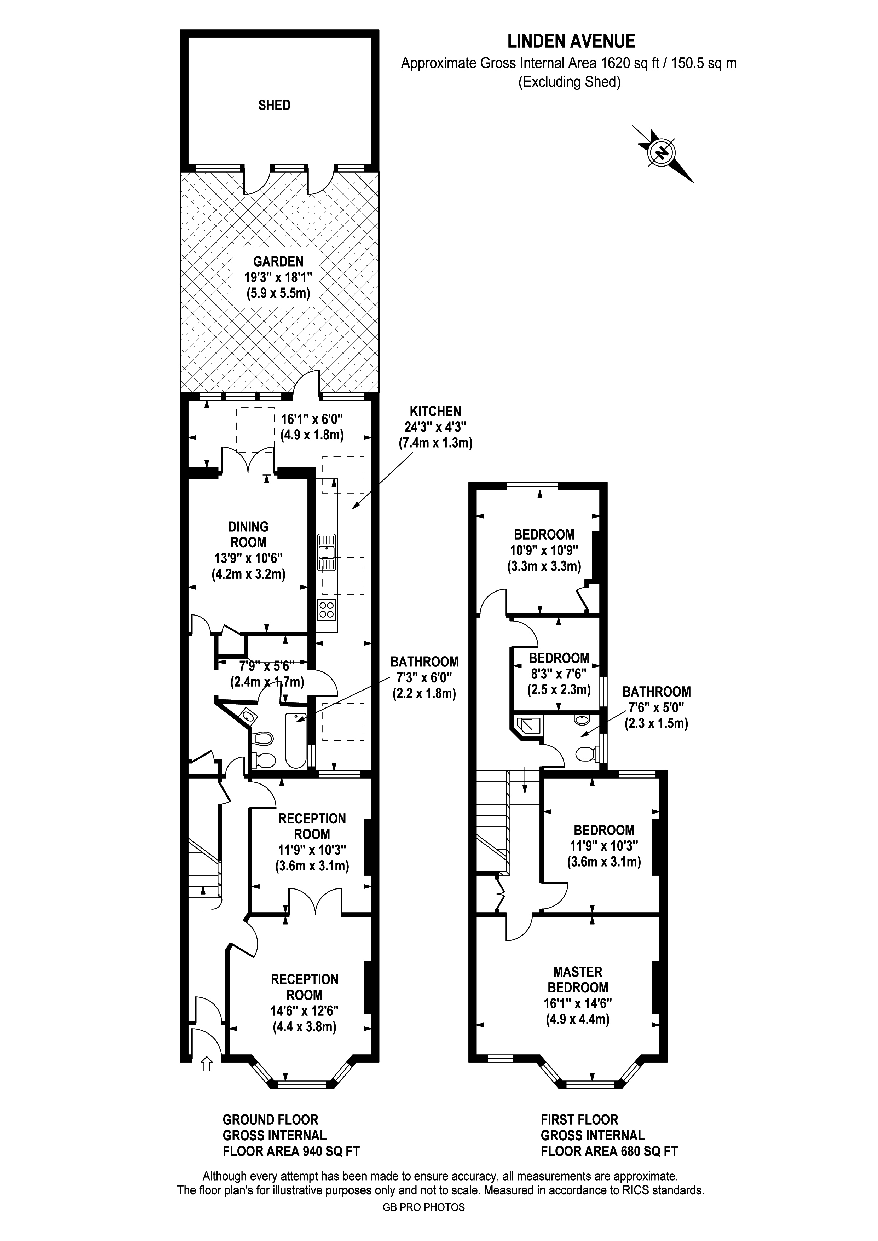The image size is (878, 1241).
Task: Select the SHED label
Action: click(274, 105)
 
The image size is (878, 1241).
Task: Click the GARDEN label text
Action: click(278, 262)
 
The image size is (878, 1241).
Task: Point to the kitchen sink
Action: click(327, 552)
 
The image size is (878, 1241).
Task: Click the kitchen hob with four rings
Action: click(327, 610)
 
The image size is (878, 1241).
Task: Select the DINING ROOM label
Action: click(249, 534)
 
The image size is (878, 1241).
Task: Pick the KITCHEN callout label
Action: click(435, 411)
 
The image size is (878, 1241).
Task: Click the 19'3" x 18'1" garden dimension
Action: click(278, 278)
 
